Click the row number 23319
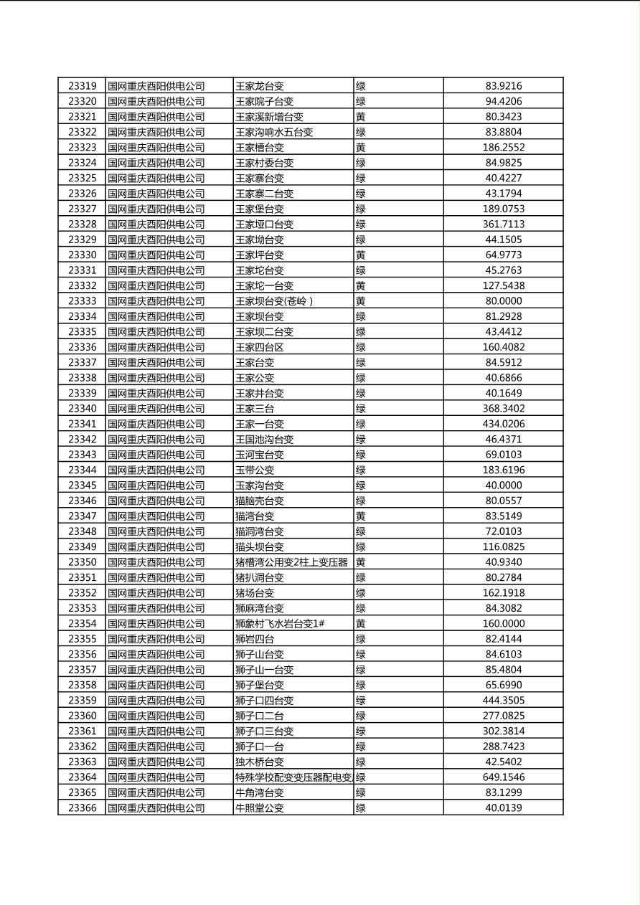(x=82, y=86)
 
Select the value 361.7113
(x=503, y=224)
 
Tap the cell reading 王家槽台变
(x=260, y=148)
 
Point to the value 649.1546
(x=503, y=777)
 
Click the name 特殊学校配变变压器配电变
(x=293, y=777)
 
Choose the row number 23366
(x=82, y=808)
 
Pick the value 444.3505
(x=503, y=701)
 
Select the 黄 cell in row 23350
(x=361, y=562)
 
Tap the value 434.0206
(x=503, y=424)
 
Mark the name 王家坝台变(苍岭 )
(x=274, y=301)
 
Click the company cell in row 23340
(x=156, y=409)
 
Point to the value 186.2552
(x=503, y=148)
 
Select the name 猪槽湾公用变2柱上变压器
(x=291, y=562)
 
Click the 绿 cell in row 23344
(x=361, y=470)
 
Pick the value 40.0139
(x=503, y=808)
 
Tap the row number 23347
(x=82, y=516)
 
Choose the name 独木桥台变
(x=260, y=762)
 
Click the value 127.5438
(x=503, y=285)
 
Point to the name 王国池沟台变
(x=265, y=440)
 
